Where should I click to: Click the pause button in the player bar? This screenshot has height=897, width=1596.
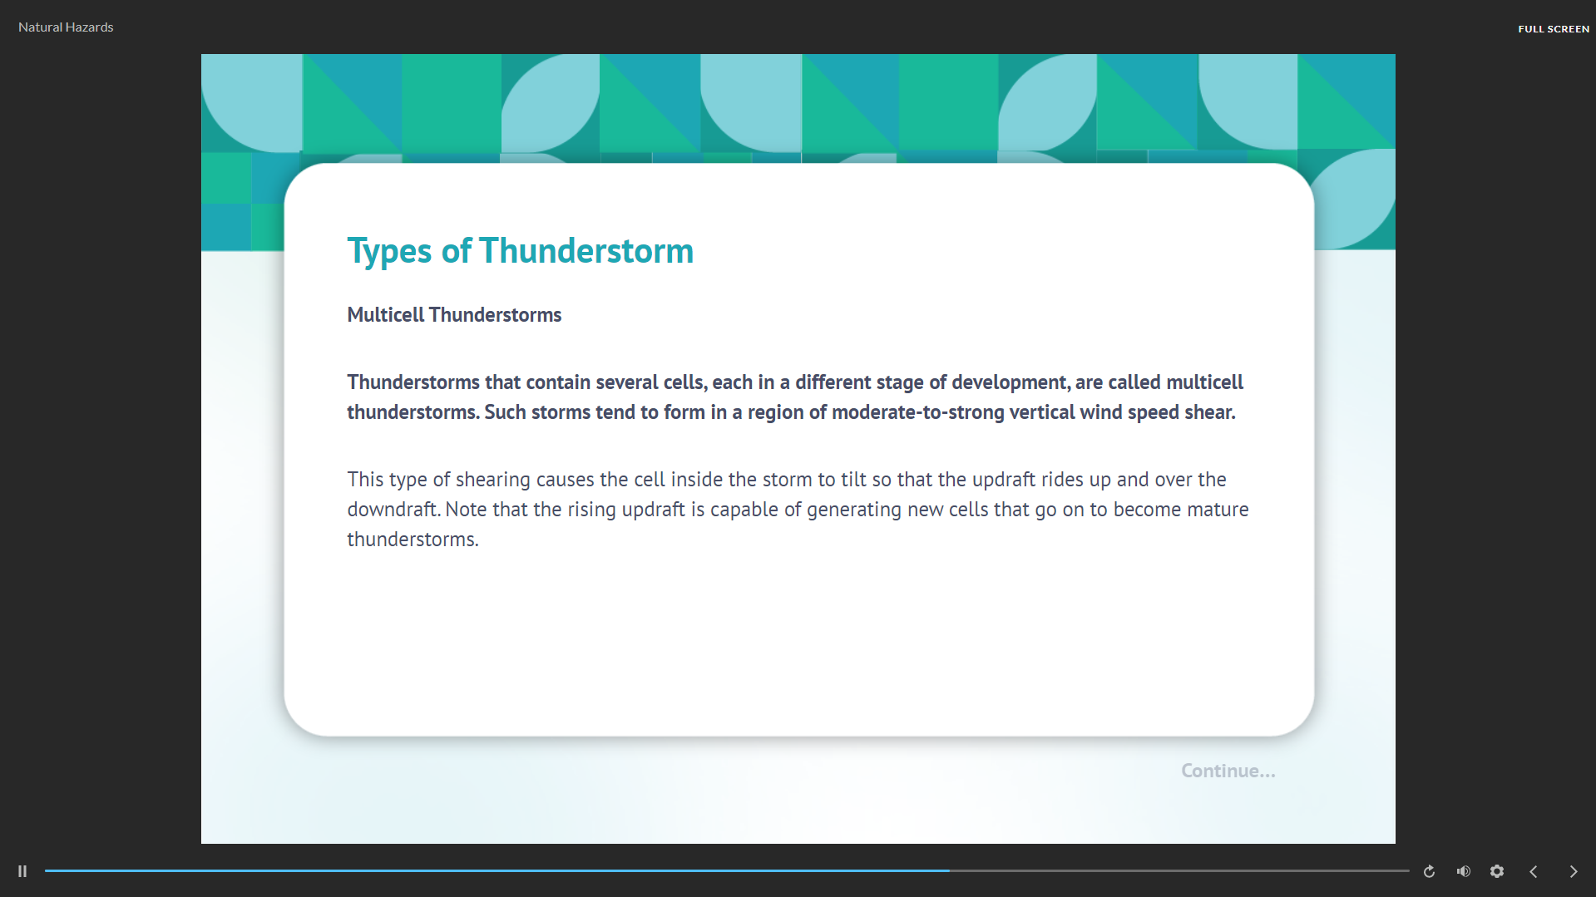click(22, 871)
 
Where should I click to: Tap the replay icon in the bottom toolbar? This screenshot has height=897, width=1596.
click(1429, 871)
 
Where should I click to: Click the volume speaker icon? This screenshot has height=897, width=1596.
click(1464, 871)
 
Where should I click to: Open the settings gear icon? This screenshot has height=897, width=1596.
click(1497, 871)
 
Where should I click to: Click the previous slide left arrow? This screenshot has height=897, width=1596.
click(1534, 871)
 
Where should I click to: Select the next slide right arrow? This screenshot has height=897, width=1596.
click(1574, 871)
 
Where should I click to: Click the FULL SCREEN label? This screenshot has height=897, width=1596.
click(1554, 29)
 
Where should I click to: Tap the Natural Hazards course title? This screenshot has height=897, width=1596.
click(66, 27)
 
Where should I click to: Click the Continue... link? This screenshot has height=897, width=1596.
click(1228, 771)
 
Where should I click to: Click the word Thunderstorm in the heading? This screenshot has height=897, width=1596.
click(586, 251)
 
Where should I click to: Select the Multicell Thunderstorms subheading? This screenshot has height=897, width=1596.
click(454, 315)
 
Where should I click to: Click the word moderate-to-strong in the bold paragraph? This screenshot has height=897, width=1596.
click(918, 412)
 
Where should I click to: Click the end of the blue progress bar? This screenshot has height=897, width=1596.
click(950, 870)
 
